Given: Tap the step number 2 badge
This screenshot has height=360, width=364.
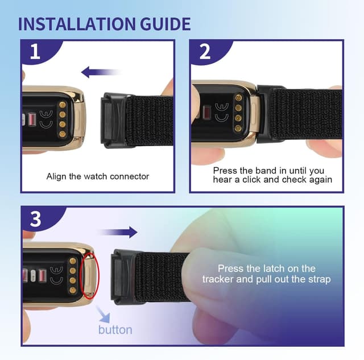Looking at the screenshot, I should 205,52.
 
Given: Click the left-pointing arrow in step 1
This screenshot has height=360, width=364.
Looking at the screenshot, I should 100,72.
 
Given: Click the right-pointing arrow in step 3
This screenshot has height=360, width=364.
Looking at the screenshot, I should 117,232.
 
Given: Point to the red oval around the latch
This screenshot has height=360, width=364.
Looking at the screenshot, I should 88,276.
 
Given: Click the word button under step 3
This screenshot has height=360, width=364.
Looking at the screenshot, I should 115,330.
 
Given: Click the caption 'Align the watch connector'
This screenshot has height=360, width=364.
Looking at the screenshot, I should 98,176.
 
